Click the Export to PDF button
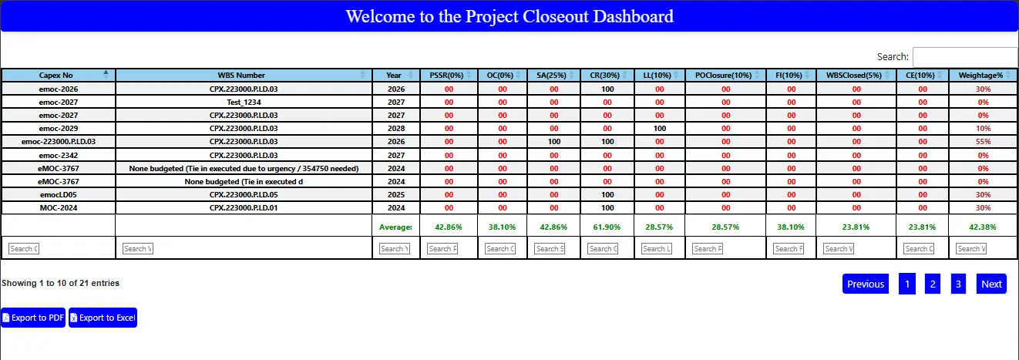pyautogui.click(x=33, y=318)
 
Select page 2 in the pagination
pyautogui.click(x=933, y=284)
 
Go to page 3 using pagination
pyautogui.click(x=958, y=284)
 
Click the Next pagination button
pyautogui.click(x=991, y=284)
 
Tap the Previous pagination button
pyautogui.click(x=866, y=284)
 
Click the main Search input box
pyautogui.click(x=965, y=57)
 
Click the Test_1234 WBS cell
pyautogui.click(x=244, y=102)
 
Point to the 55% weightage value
pyautogui.click(x=983, y=142)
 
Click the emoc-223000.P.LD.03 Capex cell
pyautogui.click(x=59, y=142)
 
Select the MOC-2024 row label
pyautogui.click(x=59, y=208)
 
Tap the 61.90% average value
pyautogui.click(x=607, y=227)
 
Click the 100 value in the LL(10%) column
pyautogui.click(x=660, y=128)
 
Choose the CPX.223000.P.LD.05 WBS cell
pyautogui.click(x=244, y=195)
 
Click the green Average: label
pyautogui.click(x=395, y=227)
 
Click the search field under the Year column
pyautogui.click(x=395, y=248)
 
